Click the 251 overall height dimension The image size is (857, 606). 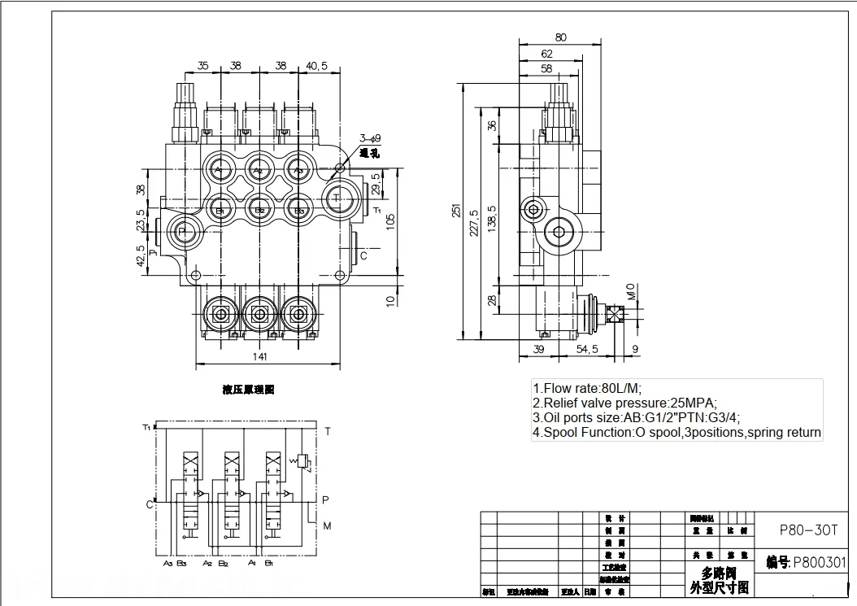[457, 210]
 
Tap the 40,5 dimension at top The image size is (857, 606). [317, 67]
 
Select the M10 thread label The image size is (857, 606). [631, 290]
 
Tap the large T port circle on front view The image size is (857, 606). [337, 197]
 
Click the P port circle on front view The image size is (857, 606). [181, 233]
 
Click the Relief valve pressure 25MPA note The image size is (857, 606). [624, 403]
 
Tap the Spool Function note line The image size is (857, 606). [676, 433]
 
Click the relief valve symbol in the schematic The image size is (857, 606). [303, 461]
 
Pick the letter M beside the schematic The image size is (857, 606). [327, 526]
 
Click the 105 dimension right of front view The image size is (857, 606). [390, 220]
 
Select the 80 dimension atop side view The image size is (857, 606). [560, 37]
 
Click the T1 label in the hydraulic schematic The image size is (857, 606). [146, 427]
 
